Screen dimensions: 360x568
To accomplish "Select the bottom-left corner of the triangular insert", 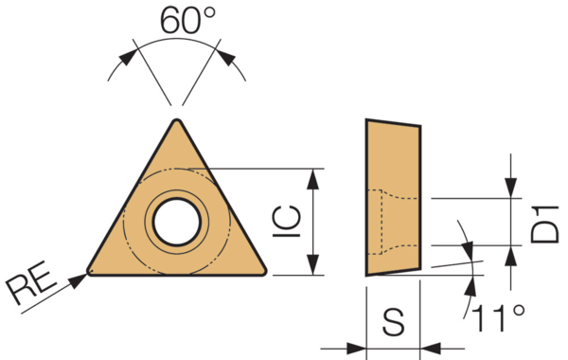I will click(90, 274).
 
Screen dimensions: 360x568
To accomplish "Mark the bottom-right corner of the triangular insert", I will click(263, 274).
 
